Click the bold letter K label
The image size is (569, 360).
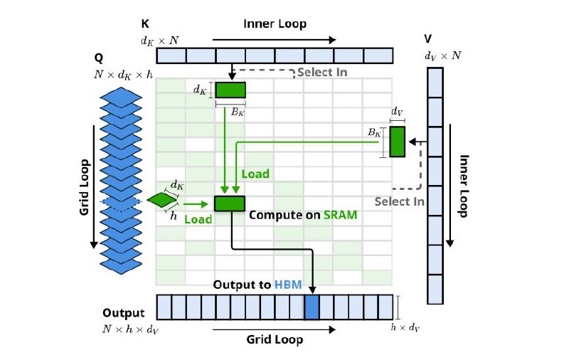[145, 24]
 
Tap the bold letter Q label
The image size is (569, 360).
[98, 58]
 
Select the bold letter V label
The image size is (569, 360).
[428, 39]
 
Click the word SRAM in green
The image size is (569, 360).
[341, 215]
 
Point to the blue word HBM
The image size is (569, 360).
[288, 285]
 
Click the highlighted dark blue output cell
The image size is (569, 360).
[312, 307]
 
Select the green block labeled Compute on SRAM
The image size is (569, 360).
[230, 203]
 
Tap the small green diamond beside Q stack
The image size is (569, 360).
[162, 200]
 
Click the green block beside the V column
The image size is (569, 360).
[398, 142]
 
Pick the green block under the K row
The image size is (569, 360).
[230, 90]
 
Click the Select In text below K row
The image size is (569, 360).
[322, 73]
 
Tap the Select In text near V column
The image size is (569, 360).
[399, 201]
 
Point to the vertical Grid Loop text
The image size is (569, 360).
[84, 187]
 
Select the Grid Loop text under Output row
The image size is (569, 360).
[275, 339]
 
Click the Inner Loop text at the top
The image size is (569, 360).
[275, 24]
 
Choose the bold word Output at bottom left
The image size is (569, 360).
[123, 313]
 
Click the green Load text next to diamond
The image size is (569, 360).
[198, 219]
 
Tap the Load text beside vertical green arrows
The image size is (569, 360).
[255, 174]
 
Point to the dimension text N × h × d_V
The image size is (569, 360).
[130, 329]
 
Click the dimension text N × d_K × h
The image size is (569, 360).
[123, 75]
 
